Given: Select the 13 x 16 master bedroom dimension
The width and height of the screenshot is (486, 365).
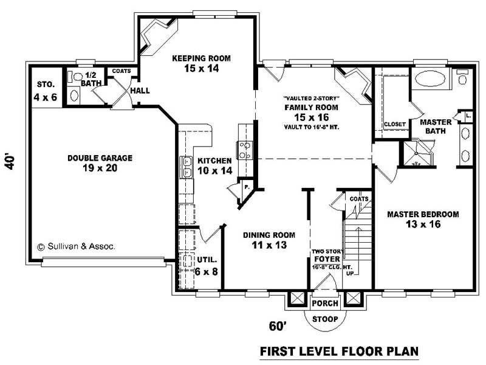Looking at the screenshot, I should tap(423, 224).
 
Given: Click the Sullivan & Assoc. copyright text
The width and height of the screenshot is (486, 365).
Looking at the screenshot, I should tap(76, 247).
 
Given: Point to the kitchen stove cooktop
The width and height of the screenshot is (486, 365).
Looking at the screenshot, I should tap(245, 150).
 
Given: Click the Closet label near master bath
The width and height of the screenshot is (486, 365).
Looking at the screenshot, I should tap(394, 124).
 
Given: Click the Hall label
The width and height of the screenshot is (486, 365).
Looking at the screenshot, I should tap(140, 91).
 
